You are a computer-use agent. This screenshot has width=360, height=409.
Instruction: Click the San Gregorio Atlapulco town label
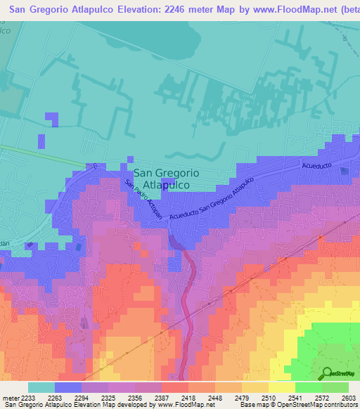166,178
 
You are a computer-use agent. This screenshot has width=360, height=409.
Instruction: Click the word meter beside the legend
8,398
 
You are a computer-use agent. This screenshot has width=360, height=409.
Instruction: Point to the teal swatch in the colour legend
41,387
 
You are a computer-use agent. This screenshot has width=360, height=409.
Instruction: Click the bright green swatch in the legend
308,387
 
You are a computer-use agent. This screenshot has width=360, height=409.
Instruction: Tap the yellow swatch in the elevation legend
281,387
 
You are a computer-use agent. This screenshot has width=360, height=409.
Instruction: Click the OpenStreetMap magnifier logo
327,373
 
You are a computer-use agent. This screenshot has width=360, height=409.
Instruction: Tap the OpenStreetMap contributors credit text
321,405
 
